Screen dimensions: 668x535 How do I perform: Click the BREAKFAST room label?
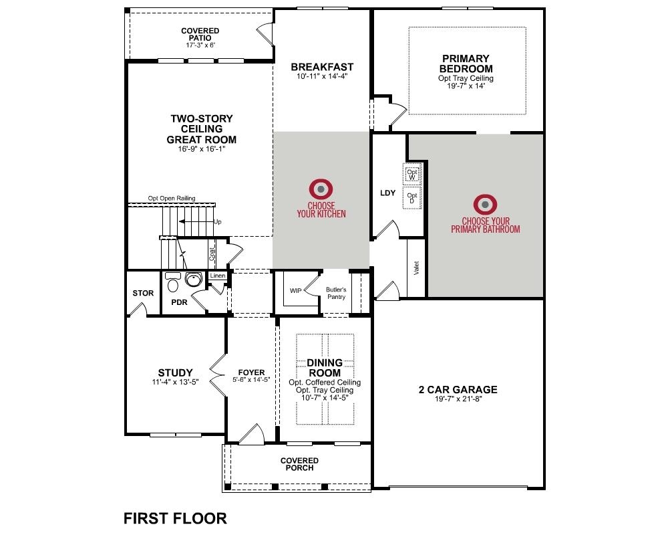click(322, 67)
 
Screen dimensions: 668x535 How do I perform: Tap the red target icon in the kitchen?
click(321, 189)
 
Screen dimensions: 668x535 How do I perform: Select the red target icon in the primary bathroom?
click(485, 205)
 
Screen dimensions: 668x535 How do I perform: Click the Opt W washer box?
click(412, 174)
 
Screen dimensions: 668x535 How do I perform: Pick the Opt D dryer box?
click(412, 197)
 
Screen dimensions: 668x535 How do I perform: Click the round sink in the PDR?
click(194, 280)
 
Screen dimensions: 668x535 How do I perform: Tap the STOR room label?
click(143, 293)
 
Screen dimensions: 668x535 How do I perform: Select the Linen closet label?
click(217, 276)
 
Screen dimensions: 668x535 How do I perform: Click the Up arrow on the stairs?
click(196, 221)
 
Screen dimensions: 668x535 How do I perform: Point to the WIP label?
click(296, 290)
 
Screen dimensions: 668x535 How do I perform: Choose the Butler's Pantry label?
click(336, 293)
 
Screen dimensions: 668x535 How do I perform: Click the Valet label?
click(416, 268)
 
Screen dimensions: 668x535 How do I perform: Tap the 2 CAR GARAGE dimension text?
click(458, 399)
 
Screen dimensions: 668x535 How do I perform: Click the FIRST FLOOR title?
click(175, 518)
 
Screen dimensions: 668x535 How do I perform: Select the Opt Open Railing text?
click(172, 198)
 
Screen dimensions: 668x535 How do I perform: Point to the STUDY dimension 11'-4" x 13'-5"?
click(175, 382)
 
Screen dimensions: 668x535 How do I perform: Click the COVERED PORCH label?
click(299, 464)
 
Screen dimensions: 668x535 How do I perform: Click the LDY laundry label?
click(387, 193)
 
